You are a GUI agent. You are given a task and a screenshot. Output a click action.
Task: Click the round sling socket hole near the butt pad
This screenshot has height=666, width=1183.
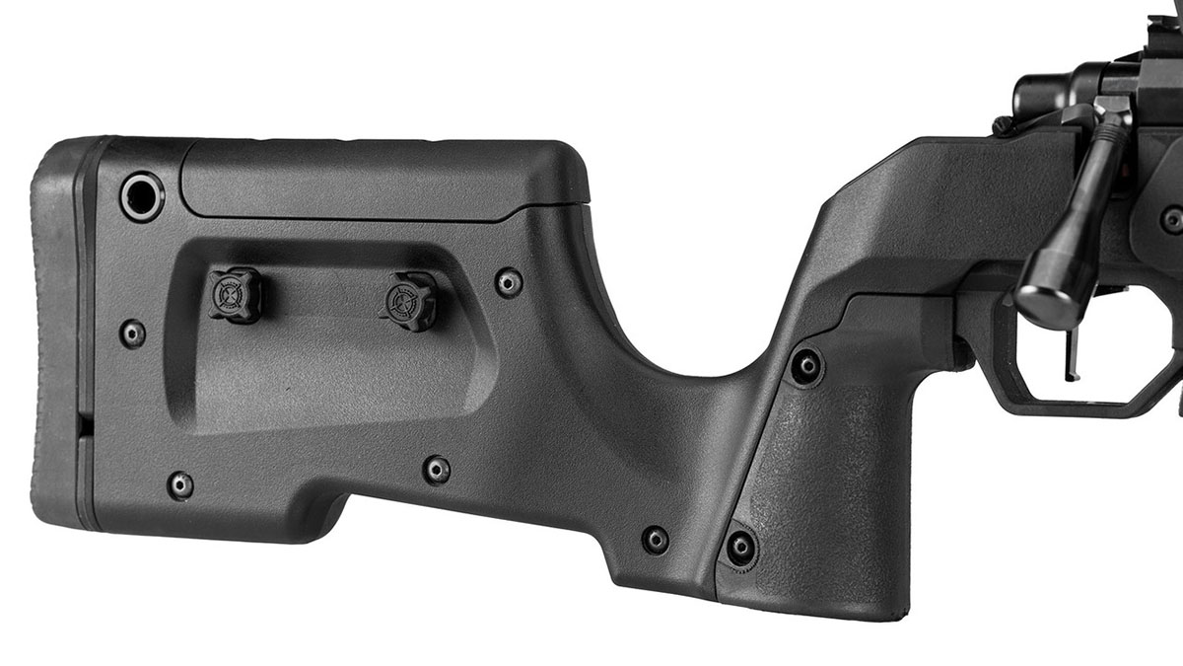coord(142,195)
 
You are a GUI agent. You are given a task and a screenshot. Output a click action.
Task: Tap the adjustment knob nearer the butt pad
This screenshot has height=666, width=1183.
coord(235,294)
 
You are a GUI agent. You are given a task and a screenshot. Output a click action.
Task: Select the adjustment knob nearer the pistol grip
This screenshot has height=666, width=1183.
coord(408,300)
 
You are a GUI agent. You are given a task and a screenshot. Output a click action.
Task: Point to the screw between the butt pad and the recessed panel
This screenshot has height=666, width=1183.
coord(131,333)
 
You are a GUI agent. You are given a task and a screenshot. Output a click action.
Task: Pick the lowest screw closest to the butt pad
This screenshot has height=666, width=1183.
coord(179,484)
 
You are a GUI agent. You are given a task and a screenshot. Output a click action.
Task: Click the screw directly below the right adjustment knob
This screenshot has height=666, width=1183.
coord(437,470)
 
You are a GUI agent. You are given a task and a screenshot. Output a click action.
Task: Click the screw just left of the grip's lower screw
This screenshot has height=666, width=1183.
coord(655,540)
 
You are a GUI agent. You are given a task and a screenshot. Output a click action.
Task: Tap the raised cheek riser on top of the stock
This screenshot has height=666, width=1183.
coord(384,178)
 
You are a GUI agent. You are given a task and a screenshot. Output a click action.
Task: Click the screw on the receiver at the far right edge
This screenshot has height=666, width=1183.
coord(1171,219)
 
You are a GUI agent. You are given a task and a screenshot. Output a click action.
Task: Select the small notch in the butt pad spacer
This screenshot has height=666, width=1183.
coord(84,424)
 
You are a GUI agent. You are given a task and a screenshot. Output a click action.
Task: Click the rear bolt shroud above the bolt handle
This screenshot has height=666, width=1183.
coord(1045,94)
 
